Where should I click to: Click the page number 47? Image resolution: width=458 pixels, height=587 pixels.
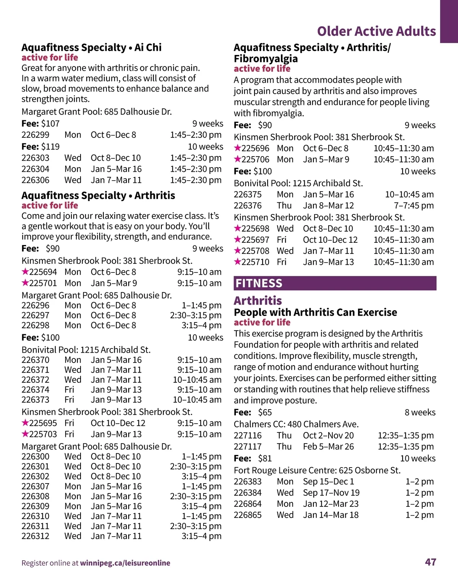click(x=430, y=562)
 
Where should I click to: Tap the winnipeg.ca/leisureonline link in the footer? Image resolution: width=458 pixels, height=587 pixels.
click(x=125, y=563)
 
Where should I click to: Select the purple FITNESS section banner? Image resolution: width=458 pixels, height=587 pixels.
click(x=335, y=283)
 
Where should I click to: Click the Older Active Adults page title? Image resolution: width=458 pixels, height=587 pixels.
click(x=376, y=31)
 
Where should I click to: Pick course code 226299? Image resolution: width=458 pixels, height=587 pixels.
click(x=35, y=135)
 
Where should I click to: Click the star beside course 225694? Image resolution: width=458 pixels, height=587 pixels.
click(x=25, y=272)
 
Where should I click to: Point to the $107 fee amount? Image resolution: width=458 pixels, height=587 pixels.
click(x=50, y=124)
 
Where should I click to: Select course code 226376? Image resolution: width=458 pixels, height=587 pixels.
click(x=248, y=205)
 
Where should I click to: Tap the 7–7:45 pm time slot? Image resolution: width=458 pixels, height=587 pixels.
click(x=414, y=205)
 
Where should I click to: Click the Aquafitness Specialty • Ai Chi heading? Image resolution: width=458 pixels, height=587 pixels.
click(x=92, y=47)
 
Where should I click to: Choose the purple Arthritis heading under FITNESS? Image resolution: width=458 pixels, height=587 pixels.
click(x=258, y=300)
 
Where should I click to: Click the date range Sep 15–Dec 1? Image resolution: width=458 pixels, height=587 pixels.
click(x=329, y=481)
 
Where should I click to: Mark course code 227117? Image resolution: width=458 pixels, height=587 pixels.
click(x=248, y=447)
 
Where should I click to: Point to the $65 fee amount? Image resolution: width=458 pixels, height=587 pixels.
click(x=265, y=413)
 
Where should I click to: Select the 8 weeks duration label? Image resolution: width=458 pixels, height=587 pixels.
click(x=420, y=413)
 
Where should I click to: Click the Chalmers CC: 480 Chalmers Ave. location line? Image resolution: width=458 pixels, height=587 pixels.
click(x=296, y=424)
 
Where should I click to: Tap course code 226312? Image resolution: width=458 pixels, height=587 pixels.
click(x=35, y=536)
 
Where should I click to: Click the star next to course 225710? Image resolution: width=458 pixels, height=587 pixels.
click(x=237, y=262)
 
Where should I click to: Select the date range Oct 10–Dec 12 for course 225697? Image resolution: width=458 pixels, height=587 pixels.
click(x=330, y=240)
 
